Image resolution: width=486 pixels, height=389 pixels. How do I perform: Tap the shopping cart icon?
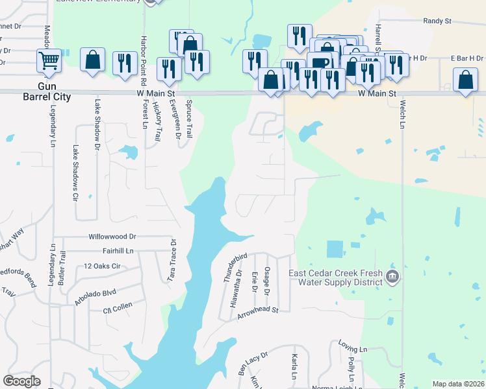[49, 60]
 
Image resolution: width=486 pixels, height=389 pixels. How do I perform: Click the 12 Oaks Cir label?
[103, 266]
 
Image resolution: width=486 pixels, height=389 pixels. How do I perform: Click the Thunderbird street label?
[235, 266]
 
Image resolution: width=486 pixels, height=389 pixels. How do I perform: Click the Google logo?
[21, 381]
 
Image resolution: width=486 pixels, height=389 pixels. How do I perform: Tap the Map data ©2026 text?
[458, 384]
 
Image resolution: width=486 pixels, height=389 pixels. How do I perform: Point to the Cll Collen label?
[118, 308]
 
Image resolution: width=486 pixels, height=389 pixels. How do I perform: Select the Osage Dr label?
[266, 281]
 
